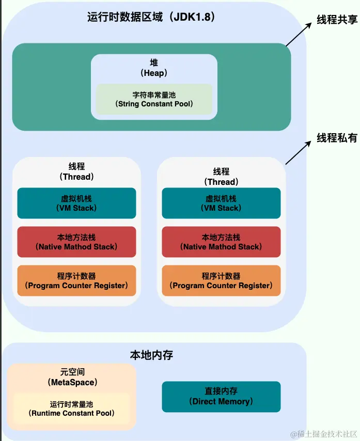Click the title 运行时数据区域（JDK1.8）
[151, 17]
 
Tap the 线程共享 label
[337, 20]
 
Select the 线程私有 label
[337, 138]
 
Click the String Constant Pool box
[154, 99]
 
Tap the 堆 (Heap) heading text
[154, 68]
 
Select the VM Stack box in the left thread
[76, 203]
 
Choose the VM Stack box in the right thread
[221, 203]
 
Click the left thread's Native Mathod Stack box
[76, 242]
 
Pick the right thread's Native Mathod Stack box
[221, 242]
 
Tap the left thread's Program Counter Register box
[76, 280]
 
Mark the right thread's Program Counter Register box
[221, 280]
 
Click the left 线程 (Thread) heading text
[76, 171]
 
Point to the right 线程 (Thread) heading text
[221, 176]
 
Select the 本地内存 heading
[151, 355]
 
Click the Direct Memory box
[221, 396]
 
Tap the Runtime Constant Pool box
[71, 408]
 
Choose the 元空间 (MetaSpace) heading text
[71, 377]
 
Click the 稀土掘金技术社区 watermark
[323, 433]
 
